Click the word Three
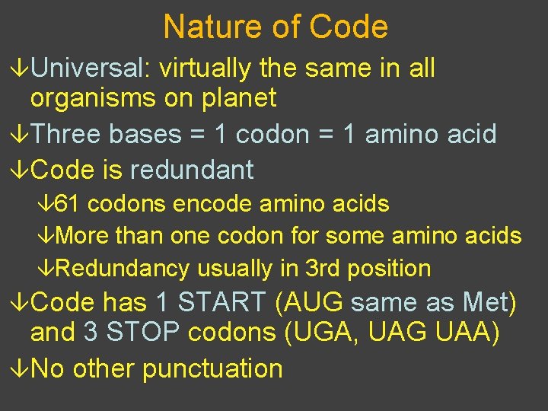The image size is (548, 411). [69, 135]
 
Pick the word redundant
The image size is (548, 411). [192, 170]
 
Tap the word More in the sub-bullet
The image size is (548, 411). [82, 236]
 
